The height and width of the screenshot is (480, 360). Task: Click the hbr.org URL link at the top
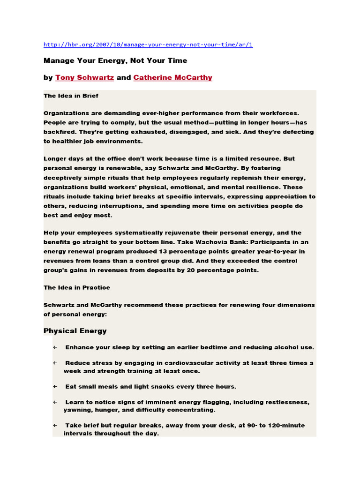click(148, 45)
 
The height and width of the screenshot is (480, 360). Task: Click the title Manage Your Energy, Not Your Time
click(115, 60)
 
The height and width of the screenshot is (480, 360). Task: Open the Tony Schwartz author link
click(84, 78)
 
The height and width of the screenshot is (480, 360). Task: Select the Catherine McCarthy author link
click(172, 78)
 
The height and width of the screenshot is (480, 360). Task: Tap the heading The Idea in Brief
click(71, 96)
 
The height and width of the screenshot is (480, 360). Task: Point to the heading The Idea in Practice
click(77, 287)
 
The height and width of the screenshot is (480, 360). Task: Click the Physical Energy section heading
click(75, 331)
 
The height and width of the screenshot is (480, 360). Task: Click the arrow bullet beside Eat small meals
click(55, 387)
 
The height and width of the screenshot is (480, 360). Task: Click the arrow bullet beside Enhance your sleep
click(55, 347)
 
